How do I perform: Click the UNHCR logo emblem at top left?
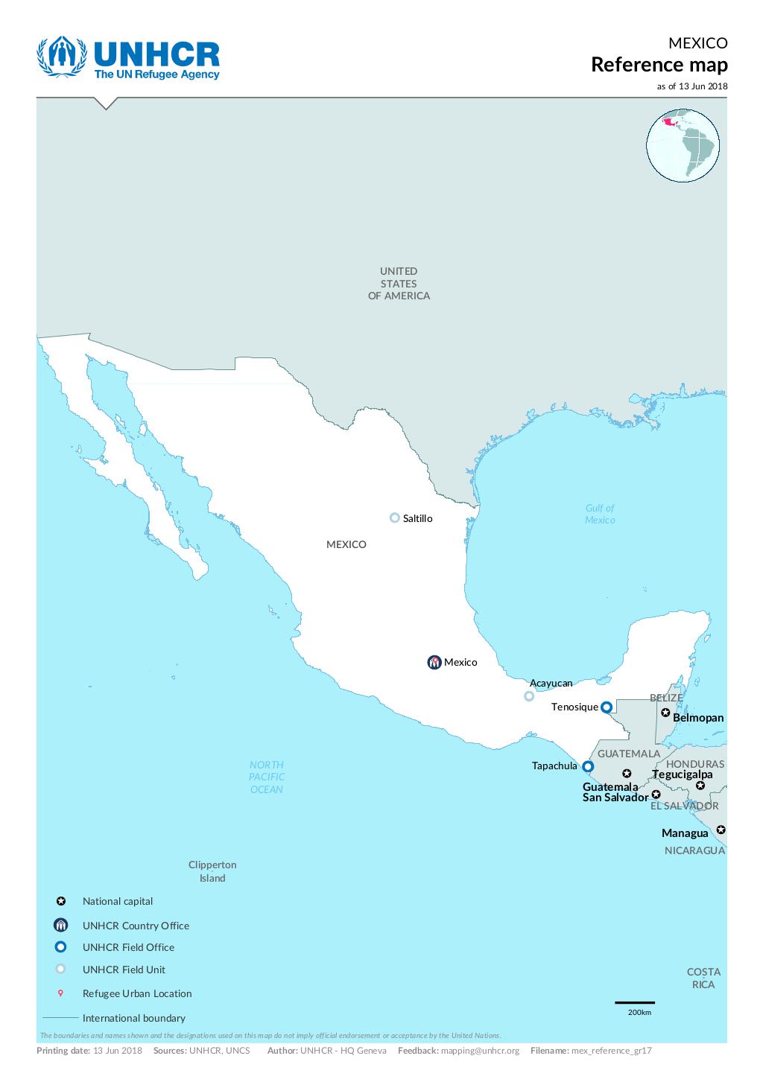62,57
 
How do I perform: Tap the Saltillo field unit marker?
395,518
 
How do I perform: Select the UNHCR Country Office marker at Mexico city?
434,662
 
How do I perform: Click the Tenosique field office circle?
607,707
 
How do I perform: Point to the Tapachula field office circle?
588,766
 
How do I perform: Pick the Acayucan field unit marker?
529,696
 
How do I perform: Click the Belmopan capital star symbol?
665,713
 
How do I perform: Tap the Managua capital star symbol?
721,830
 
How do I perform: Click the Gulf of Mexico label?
600,514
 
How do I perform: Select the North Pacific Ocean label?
267,777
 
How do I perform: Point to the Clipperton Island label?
212,871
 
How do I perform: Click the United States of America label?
399,283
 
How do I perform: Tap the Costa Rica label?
703,978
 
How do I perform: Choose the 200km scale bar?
635,1003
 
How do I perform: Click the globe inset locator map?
683,146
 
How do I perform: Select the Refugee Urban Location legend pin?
61,993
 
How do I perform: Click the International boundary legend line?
60,1017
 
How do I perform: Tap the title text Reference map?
659,65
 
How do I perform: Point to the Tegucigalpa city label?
682,774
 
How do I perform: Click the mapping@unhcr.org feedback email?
480,1051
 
